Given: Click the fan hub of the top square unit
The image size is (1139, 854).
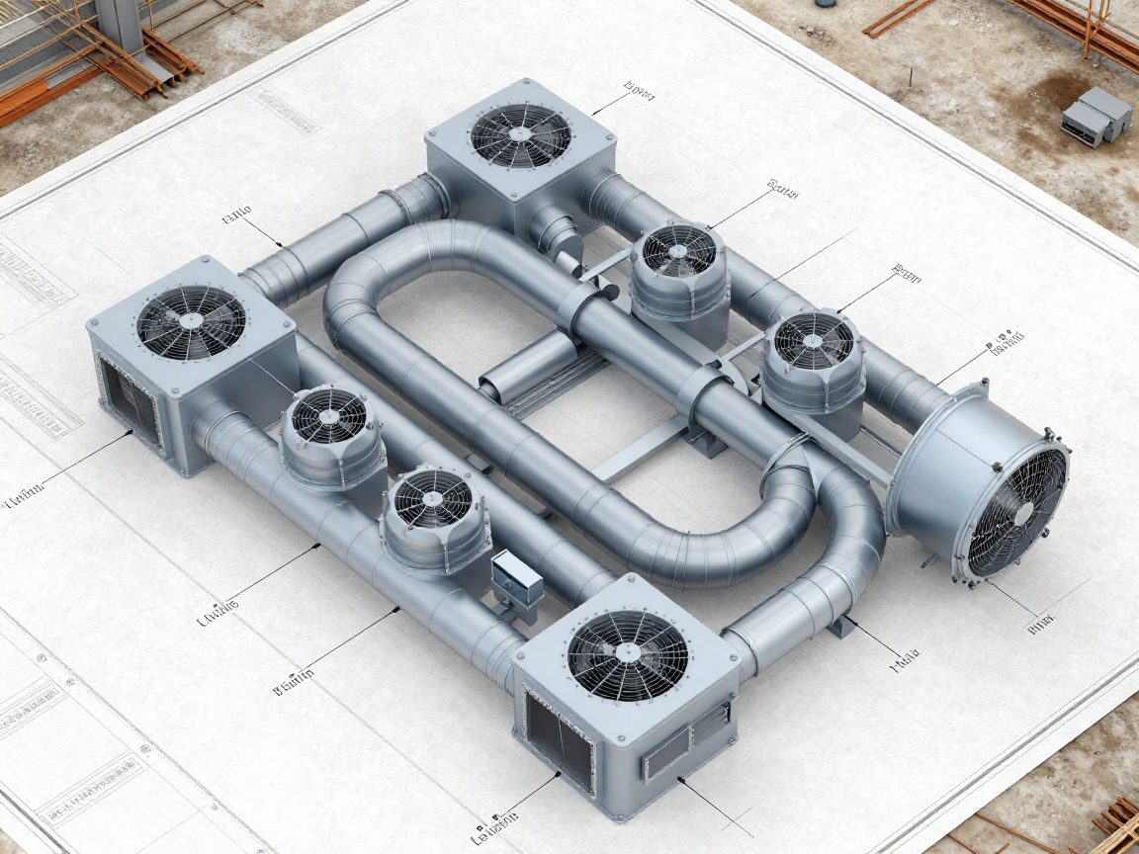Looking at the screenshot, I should click(521, 134).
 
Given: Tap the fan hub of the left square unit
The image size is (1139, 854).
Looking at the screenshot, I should click(191, 321).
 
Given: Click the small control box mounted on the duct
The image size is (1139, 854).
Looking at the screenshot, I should click(517, 578).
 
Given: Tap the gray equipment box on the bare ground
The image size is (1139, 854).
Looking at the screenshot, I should click(1096, 115).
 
